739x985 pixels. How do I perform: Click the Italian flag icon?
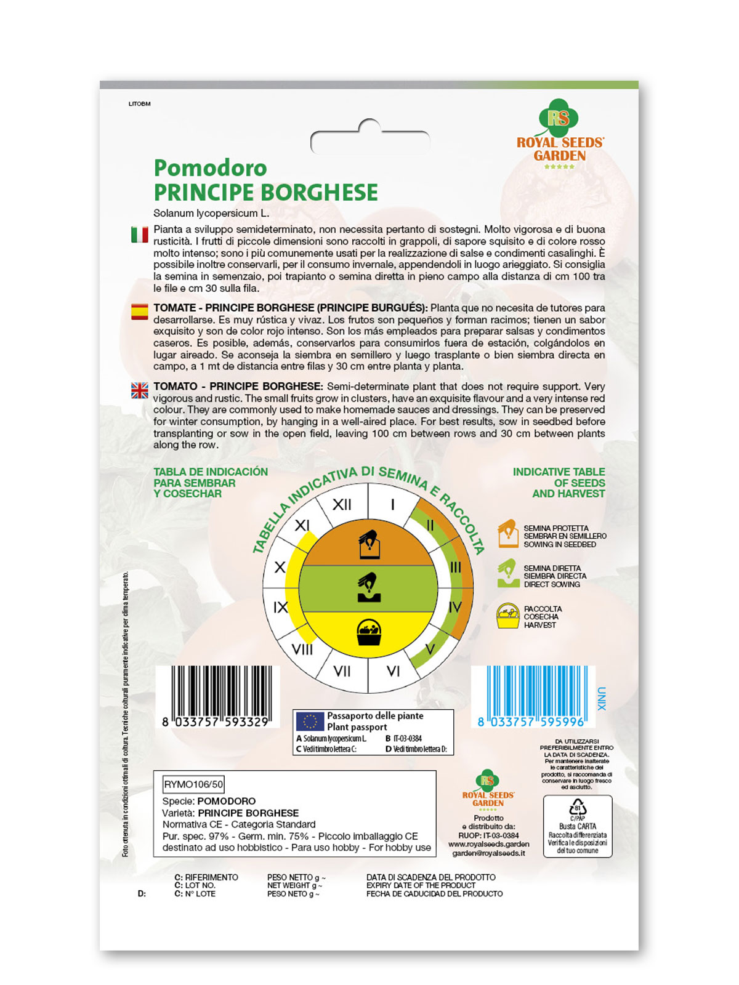tap(140, 235)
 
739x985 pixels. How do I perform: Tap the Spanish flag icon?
tap(140, 312)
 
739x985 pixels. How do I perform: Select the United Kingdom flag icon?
tap(140, 390)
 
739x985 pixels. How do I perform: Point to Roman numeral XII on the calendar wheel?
tap(342, 505)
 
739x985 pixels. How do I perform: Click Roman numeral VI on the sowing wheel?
tap(393, 671)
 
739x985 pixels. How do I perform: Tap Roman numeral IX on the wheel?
tap(280, 607)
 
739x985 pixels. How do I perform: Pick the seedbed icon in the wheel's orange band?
tap(369, 544)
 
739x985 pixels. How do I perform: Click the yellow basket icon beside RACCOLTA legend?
tap(508, 616)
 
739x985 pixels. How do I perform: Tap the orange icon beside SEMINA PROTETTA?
tap(508, 534)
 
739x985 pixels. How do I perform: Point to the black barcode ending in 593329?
tap(216, 696)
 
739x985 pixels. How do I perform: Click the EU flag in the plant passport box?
tap(310, 721)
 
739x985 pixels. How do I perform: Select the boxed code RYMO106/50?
tap(193, 784)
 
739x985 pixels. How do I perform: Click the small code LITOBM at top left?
tap(139, 104)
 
